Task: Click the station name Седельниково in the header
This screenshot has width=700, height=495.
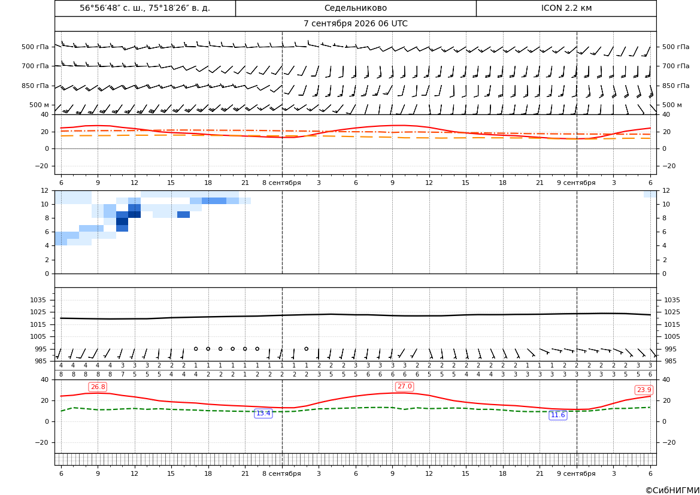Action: [356, 8]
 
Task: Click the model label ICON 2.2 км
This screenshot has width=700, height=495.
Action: [566, 8]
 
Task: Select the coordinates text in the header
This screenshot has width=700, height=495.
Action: [145, 8]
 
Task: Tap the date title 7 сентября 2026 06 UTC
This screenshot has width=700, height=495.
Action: [356, 24]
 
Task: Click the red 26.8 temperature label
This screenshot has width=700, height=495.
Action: [98, 387]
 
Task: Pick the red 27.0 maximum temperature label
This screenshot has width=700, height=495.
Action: [404, 387]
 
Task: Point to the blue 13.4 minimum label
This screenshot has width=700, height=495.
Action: [263, 414]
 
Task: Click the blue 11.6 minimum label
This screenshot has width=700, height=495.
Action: [557, 415]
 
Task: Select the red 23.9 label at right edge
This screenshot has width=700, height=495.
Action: [644, 390]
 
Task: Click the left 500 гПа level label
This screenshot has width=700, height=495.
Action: [35, 47]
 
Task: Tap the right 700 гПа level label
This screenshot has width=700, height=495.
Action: [676, 66]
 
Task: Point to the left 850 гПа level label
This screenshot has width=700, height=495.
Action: [35, 86]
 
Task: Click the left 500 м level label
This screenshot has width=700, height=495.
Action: [39, 105]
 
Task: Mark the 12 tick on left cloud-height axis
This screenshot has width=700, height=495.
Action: [45, 190]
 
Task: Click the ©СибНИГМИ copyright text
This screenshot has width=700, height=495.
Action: [672, 491]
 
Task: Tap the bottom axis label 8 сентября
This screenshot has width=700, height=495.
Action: [281, 473]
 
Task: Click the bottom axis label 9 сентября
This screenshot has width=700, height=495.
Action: [576, 473]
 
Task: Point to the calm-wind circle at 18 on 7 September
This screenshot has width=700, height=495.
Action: [208, 349]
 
